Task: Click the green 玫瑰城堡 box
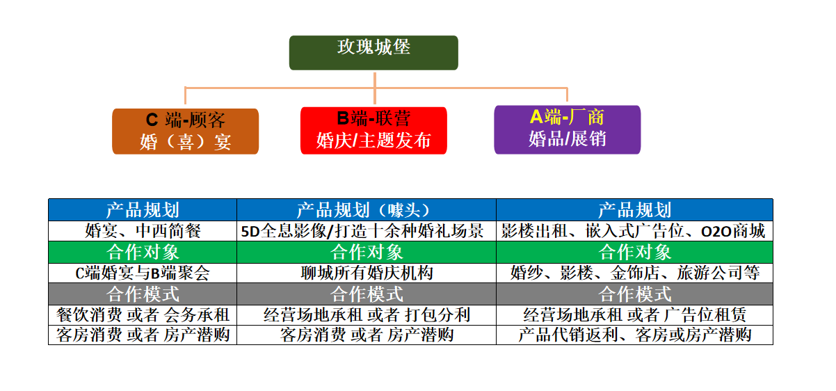coord(373,52)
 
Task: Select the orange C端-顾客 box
coord(185,131)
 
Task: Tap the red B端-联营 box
coord(373,130)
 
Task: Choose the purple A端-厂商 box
coord(567,129)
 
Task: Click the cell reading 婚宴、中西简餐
coord(143,231)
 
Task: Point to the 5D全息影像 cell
coord(366,231)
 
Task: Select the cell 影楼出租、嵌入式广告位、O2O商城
coord(634,231)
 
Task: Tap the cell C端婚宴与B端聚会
coord(143,273)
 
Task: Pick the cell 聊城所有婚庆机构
coord(366,273)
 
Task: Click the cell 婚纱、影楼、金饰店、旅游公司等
coord(634,273)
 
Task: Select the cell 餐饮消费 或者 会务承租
coord(143,314)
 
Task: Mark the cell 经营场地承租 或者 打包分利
coord(366,314)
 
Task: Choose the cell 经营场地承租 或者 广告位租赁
coord(634,314)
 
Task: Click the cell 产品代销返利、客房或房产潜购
coord(634,335)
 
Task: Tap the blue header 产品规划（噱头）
coord(366,210)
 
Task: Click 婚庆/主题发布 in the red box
coord(373,141)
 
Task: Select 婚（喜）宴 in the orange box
coord(185,143)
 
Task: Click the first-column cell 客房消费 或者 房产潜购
coord(143,335)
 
